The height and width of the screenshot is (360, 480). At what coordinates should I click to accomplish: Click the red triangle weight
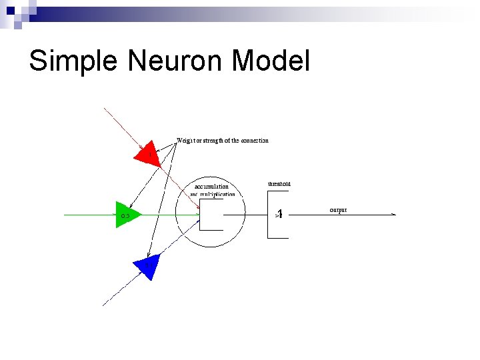pyautogui.click(x=147, y=154)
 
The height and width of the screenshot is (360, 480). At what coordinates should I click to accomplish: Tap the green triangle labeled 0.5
pyautogui.click(x=126, y=215)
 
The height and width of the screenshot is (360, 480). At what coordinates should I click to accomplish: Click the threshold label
pyautogui.click(x=279, y=183)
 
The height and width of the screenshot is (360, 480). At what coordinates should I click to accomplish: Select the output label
pyautogui.click(x=338, y=210)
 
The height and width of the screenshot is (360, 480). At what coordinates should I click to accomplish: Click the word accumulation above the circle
pyautogui.click(x=211, y=187)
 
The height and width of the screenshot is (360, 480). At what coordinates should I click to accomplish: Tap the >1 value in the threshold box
pyautogui.click(x=279, y=215)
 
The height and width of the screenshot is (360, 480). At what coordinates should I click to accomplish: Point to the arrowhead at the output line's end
pyautogui.click(x=393, y=215)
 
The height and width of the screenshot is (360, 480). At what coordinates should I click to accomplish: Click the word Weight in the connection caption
pyautogui.click(x=185, y=141)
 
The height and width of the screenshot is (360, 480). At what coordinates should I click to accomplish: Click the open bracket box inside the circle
pyautogui.click(x=211, y=215)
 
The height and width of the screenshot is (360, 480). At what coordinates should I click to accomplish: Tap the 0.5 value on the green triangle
pyautogui.click(x=125, y=216)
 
